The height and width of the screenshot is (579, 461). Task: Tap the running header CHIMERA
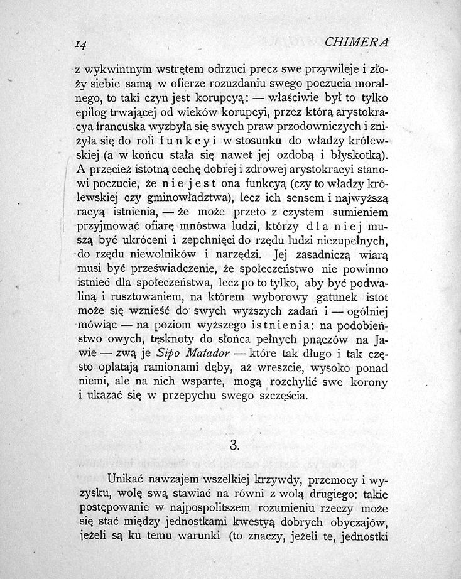[x=357, y=42]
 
